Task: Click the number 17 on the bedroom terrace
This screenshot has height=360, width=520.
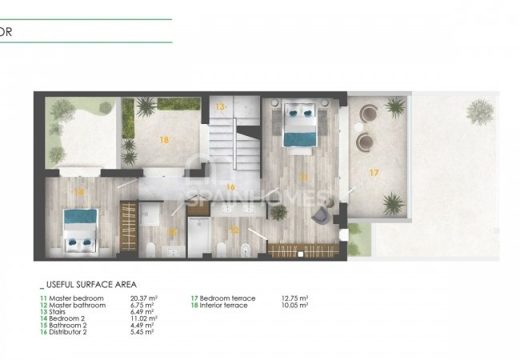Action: click(x=373, y=172)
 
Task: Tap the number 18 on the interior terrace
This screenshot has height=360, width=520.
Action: click(x=164, y=139)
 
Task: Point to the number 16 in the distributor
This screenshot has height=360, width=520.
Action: click(x=230, y=187)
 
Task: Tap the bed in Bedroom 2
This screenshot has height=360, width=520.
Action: click(x=81, y=229)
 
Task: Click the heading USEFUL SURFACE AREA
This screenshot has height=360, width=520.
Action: click(x=90, y=284)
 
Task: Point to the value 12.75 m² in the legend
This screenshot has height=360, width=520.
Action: click(x=295, y=298)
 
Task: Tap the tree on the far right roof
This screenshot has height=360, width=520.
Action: click(x=480, y=110)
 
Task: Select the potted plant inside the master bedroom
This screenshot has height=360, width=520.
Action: click(x=278, y=212)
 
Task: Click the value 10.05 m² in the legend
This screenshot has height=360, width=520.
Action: click(x=295, y=305)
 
